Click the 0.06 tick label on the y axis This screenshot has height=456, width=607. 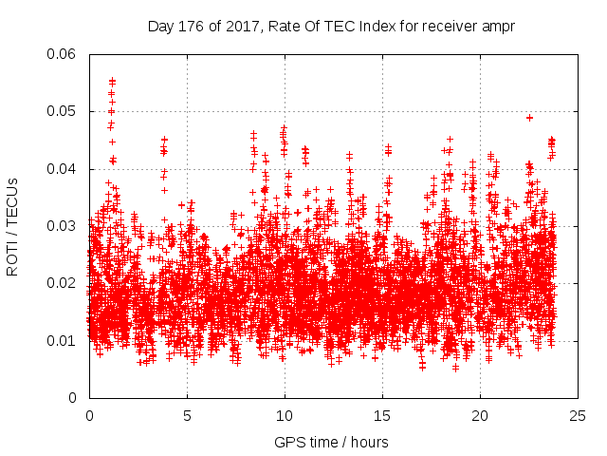(x=62, y=54)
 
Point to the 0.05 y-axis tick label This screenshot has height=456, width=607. (x=62, y=111)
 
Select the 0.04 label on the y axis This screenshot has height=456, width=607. (x=62, y=169)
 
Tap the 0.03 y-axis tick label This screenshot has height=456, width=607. (x=62, y=226)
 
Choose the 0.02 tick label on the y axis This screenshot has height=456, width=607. (x=62, y=283)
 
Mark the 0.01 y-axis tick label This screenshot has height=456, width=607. (x=62, y=340)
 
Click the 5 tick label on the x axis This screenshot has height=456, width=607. (x=187, y=416)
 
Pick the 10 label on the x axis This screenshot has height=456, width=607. (x=285, y=416)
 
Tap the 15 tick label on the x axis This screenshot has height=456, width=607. (x=382, y=416)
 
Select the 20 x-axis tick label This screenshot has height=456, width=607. (x=480, y=416)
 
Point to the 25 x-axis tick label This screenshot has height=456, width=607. (x=578, y=416)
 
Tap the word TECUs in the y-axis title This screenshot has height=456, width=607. (x=12, y=199)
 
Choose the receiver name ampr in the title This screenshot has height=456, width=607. (x=499, y=26)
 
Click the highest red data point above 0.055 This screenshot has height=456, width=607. (x=112, y=81)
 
